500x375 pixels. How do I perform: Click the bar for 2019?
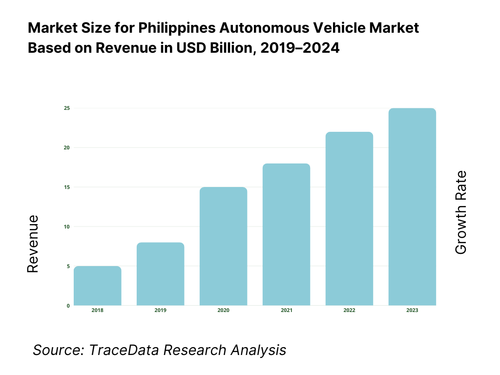pos(160,274)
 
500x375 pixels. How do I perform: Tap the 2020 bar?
pos(223,246)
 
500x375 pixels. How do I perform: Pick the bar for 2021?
pos(286,234)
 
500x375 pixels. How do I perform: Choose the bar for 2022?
pos(349,219)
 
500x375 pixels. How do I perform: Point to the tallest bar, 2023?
pos(412,207)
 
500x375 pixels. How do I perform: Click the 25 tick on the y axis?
pos(66,108)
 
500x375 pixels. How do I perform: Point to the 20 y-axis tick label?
pos(66,147)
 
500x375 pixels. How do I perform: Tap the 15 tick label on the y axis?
pos(66,187)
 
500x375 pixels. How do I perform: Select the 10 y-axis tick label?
pos(66,227)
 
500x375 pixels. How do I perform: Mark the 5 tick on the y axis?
pos(68,266)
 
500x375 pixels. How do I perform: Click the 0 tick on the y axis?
pos(68,306)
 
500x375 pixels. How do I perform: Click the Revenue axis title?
pos(32,244)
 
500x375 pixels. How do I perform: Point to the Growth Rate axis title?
pos(460,212)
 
